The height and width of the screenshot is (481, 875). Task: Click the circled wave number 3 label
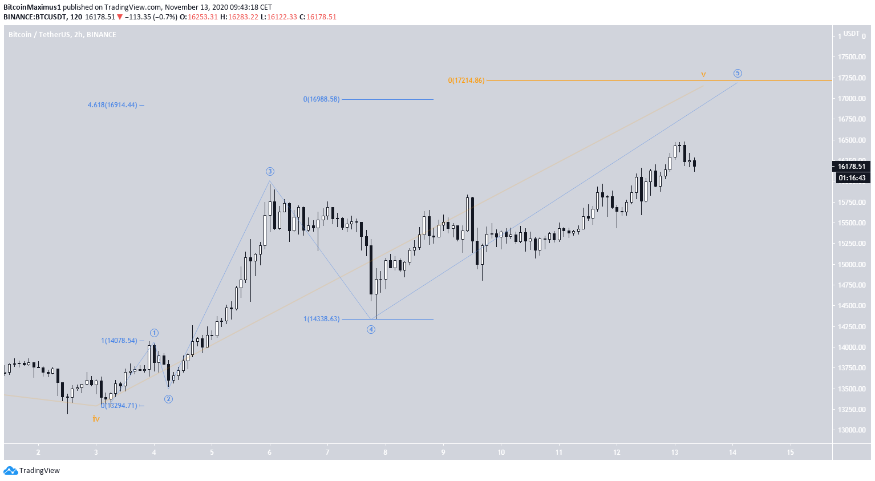[x=270, y=171]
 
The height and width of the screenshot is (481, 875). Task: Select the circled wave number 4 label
[x=371, y=329]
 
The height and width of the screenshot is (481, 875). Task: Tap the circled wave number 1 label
[x=154, y=333]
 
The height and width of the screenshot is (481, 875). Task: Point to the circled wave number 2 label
[x=168, y=399]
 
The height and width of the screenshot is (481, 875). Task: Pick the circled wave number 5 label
[x=738, y=73]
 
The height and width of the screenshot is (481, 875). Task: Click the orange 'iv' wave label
[x=96, y=419]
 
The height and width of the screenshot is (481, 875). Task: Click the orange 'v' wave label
[x=703, y=74]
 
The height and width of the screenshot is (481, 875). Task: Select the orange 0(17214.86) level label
[x=466, y=80]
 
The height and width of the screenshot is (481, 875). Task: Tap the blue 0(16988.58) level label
[x=321, y=99]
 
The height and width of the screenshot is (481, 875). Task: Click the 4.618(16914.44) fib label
[x=112, y=105]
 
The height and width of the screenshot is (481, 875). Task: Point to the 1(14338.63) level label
[x=321, y=319]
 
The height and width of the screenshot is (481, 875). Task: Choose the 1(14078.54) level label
[x=119, y=341]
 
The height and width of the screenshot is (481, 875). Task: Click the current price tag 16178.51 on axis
[x=851, y=167]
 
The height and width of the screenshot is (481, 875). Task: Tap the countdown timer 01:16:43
[x=852, y=178]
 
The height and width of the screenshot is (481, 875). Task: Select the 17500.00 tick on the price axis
[x=852, y=57]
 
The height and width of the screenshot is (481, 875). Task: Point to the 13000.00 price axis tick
[x=852, y=430]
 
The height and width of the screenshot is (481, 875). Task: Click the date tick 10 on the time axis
[x=501, y=452]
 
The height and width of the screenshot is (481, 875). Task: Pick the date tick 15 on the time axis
[x=790, y=452]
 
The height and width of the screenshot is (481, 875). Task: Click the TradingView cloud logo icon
[x=10, y=471]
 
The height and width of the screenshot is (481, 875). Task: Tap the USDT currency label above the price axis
[x=852, y=34]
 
